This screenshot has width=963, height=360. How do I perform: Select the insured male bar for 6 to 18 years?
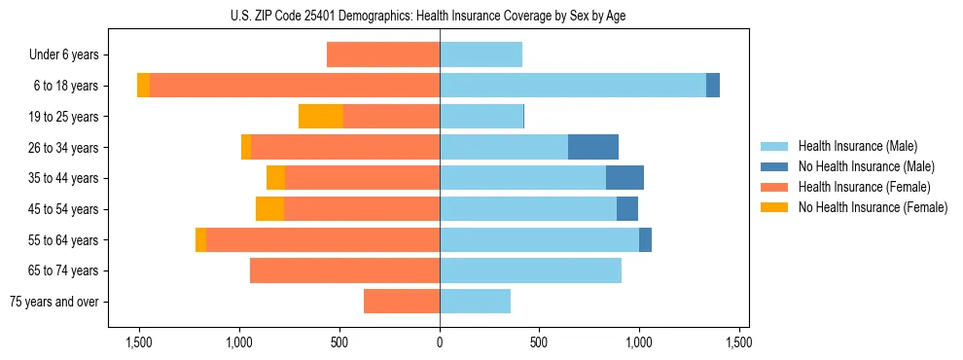pyautogui.click(x=573, y=86)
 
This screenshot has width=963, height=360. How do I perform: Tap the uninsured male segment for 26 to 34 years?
pyautogui.click(x=593, y=147)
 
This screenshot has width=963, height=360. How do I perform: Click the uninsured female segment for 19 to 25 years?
pyautogui.click(x=321, y=117)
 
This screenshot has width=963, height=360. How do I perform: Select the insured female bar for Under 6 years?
pyautogui.click(x=383, y=54)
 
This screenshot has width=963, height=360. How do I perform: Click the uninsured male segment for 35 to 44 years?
pyautogui.click(x=624, y=178)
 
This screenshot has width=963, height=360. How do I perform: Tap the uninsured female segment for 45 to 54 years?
pyautogui.click(x=269, y=209)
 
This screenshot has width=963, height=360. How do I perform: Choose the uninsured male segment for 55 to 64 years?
pyautogui.click(x=645, y=240)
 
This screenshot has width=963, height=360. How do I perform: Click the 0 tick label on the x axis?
pyautogui.click(x=440, y=342)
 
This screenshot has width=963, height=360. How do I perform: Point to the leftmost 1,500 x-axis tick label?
pyautogui.click(x=139, y=342)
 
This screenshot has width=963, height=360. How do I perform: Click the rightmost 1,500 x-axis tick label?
pyautogui.click(x=739, y=342)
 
